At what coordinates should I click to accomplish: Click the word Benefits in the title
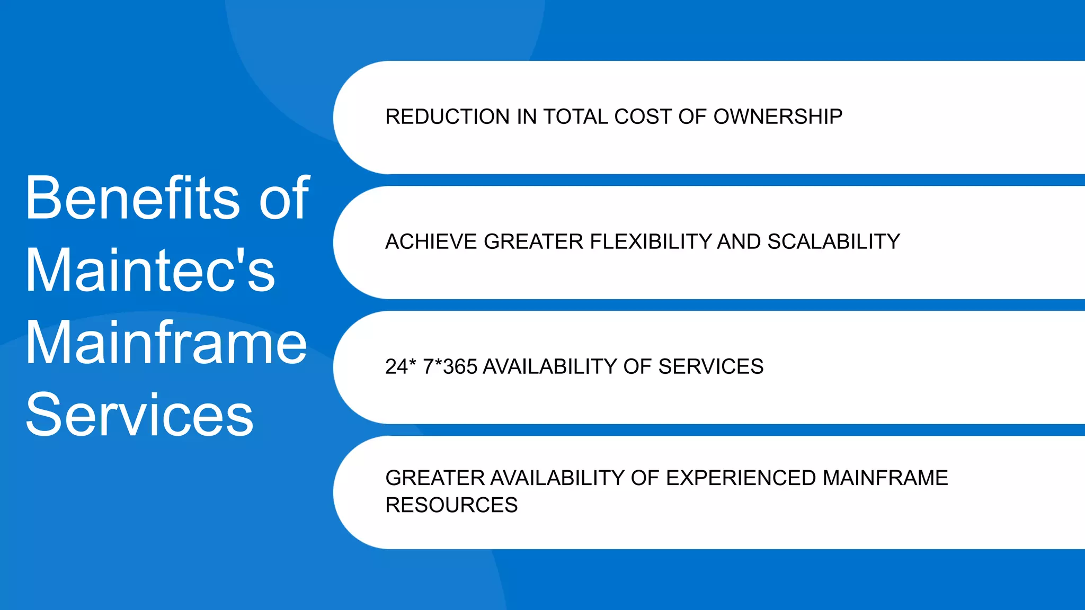(x=132, y=198)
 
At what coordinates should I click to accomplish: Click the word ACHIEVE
(x=431, y=242)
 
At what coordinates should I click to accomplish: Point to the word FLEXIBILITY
(x=651, y=242)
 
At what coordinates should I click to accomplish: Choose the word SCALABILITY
(x=834, y=242)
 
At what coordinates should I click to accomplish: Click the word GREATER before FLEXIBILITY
(x=533, y=242)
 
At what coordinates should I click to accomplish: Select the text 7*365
(x=450, y=367)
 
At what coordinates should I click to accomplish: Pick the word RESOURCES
(x=451, y=505)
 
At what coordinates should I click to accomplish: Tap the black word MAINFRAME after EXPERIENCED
(x=885, y=478)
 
